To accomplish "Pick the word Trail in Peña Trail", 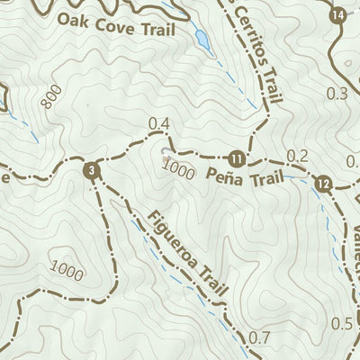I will tap(262, 179).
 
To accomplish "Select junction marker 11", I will tap(236, 158).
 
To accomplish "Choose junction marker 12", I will tap(324, 184).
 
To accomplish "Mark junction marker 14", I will tap(337, 15).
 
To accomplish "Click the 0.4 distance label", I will tap(159, 123).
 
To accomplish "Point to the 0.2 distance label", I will tap(298, 157).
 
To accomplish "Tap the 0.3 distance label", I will tap(338, 93).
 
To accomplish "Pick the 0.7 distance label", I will tap(258, 338).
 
